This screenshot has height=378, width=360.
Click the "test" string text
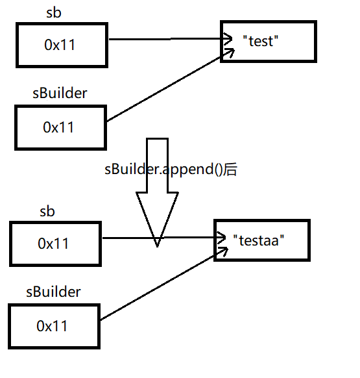[x=260, y=40]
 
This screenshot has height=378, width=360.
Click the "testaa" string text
[x=259, y=240]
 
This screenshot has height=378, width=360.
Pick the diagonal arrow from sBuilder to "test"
[x=162, y=88]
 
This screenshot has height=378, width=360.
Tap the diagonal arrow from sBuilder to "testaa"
[x=156, y=289]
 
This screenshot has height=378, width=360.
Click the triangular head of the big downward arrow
[x=156, y=221]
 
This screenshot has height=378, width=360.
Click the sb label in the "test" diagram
[x=54, y=12]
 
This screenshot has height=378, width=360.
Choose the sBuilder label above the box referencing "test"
[x=60, y=93]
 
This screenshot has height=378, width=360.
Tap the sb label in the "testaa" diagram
[x=47, y=212]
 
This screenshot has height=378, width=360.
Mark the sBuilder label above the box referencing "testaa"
[x=54, y=292]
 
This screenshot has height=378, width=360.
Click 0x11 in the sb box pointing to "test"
[x=61, y=45]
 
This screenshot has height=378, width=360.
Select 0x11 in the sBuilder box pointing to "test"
[x=59, y=127]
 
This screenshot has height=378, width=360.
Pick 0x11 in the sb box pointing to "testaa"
[x=54, y=244]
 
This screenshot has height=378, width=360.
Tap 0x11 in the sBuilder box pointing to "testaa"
[x=54, y=325]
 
